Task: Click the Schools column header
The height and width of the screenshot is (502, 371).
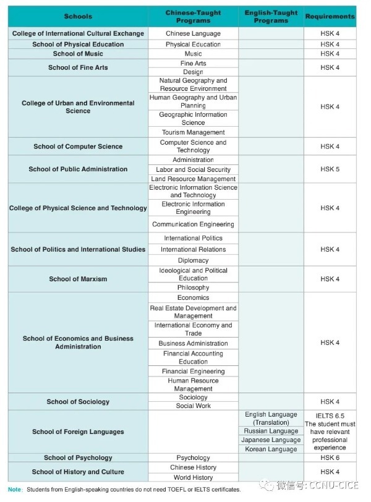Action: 78,16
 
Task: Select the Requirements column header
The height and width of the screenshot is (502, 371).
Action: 330,16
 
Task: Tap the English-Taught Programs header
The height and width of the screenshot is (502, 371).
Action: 271,16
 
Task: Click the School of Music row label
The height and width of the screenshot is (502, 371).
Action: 78,54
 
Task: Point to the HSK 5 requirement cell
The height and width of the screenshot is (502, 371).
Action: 330,169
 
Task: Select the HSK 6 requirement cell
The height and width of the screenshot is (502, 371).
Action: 330,457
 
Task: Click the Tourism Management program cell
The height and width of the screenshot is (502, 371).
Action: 193,132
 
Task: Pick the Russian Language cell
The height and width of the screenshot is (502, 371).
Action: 271,431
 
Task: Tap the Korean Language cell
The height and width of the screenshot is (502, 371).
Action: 271,449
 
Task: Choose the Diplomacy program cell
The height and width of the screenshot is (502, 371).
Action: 193,260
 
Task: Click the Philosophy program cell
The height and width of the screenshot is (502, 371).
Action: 193,287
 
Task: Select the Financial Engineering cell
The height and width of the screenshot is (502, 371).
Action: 193,372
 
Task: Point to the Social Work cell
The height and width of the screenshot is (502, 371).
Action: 193,406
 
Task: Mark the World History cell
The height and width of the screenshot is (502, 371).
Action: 193,477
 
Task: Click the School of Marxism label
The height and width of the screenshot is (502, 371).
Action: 78,279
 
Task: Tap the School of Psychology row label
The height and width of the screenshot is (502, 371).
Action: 78,457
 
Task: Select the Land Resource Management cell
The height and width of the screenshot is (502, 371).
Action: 193,179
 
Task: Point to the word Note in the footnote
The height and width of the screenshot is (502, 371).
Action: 14,490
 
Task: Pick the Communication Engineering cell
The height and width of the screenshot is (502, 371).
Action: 193,224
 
